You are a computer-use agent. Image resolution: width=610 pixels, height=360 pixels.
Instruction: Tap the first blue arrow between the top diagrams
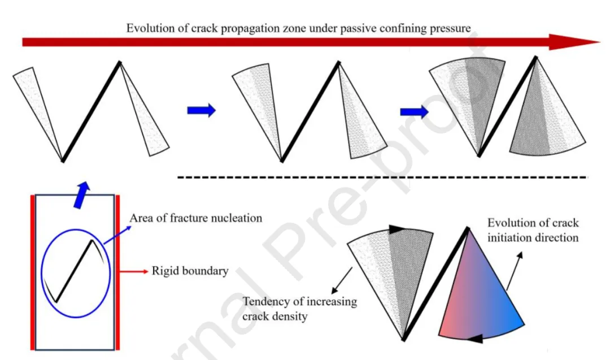(x=201, y=110)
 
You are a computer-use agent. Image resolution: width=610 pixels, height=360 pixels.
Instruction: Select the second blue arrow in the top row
(x=414, y=111)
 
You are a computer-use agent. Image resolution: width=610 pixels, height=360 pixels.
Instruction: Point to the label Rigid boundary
(x=190, y=271)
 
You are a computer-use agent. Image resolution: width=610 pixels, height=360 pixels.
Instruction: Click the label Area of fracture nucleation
(x=196, y=218)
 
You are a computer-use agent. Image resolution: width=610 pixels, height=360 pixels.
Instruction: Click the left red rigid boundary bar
(x=32, y=271)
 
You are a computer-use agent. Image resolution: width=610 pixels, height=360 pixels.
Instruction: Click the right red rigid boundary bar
(x=117, y=271)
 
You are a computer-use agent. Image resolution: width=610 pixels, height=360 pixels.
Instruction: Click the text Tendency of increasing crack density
(x=299, y=309)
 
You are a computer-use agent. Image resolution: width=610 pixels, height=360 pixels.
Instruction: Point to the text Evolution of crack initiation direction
(x=533, y=230)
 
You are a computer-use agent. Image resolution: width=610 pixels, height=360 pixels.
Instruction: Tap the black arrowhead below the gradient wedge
(x=474, y=339)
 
